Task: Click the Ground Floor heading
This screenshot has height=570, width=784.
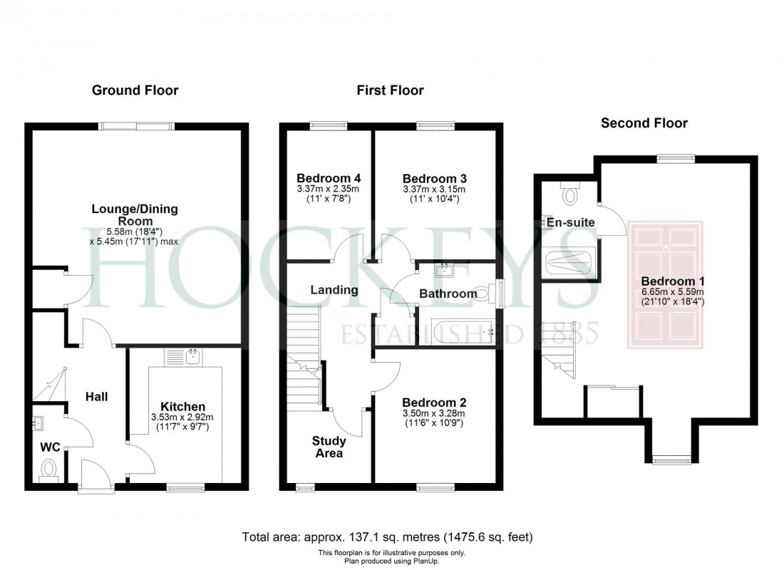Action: click(x=135, y=90)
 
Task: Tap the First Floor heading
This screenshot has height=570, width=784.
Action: click(x=391, y=90)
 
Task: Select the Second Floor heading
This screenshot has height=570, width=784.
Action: click(x=644, y=123)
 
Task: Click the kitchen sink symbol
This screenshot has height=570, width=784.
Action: click(x=192, y=357)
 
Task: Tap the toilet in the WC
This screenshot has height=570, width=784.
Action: click(x=49, y=470)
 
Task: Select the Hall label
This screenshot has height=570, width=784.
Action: click(x=97, y=397)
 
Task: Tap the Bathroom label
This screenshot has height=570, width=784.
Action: click(x=448, y=294)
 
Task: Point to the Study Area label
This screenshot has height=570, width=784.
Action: click(x=328, y=447)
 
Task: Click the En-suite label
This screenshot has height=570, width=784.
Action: click(x=570, y=223)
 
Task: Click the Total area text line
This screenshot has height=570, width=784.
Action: click(x=388, y=537)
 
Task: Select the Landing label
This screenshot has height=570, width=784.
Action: click(x=334, y=290)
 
